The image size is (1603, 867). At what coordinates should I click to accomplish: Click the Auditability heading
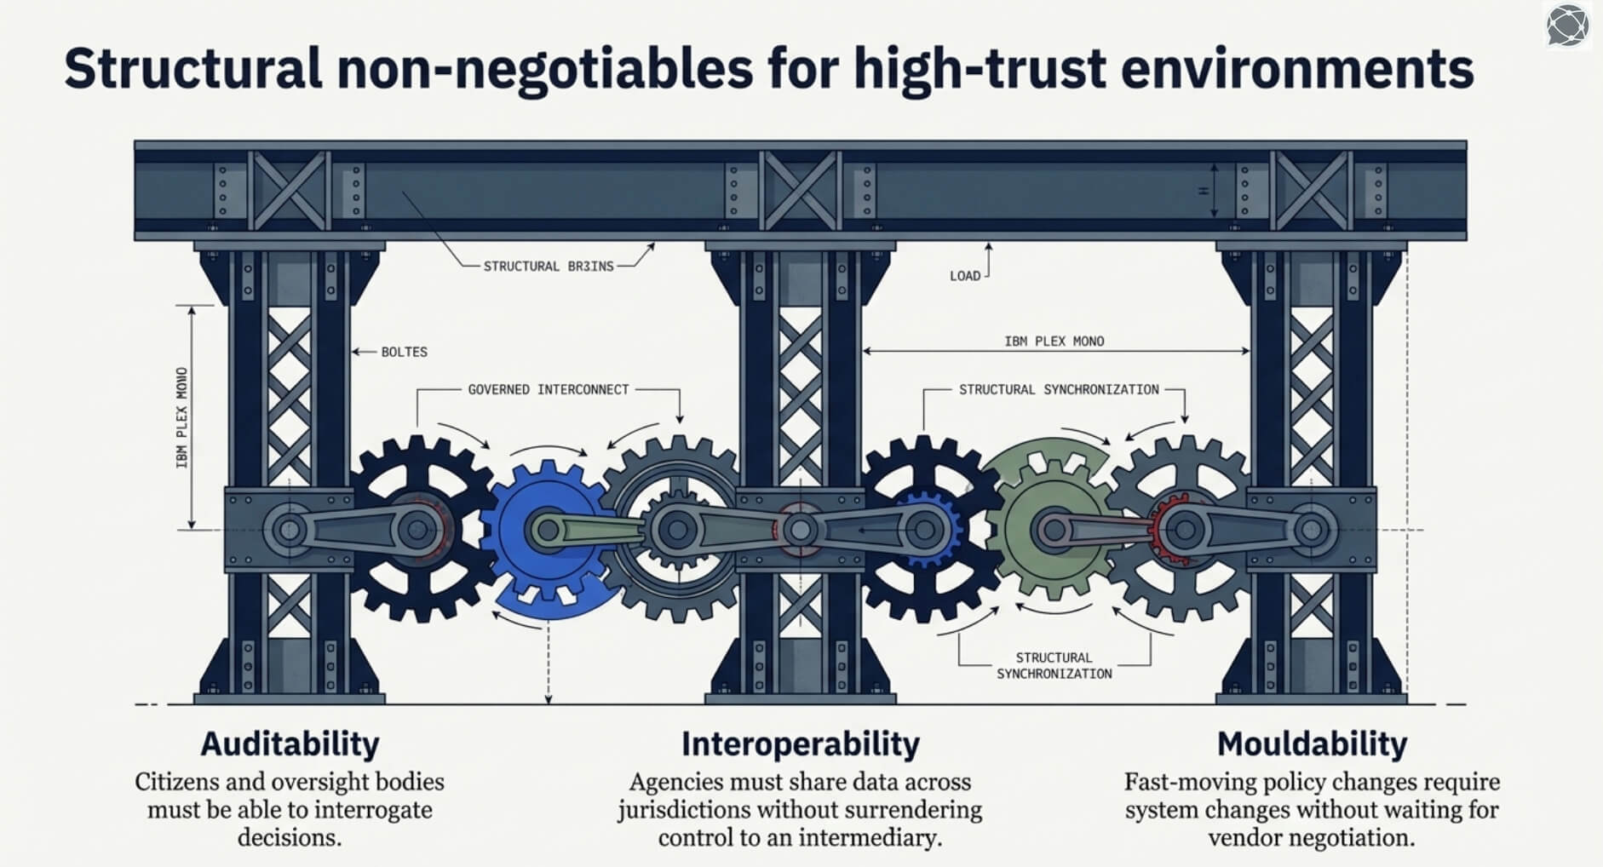pyautogui.click(x=290, y=744)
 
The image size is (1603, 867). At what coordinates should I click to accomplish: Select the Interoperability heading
pyautogui.click(x=800, y=744)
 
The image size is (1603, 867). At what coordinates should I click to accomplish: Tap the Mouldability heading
pyautogui.click(x=1312, y=744)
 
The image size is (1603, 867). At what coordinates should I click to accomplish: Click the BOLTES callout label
pyautogui.click(x=404, y=352)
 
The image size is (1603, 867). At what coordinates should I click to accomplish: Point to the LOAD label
pyautogui.click(x=965, y=276)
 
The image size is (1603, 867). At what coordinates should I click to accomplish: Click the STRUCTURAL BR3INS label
pyautogui.click(x=549, y=267)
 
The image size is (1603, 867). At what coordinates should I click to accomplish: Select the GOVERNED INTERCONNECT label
pyautogui.click(x=549, y=389)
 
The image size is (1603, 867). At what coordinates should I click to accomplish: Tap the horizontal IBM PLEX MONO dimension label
pyautogui.click(x=1054, y=342)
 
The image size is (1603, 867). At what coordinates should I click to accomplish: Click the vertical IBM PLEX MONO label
pyautogui.click(x=181, y=417)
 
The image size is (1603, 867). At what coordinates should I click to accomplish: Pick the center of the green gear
pyautogui.click(x=1054, y=530)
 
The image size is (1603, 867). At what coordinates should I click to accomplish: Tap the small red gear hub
pyautogui.click(x=1182, y=530)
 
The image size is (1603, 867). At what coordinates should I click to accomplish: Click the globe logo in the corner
pyautogui.click(x=1567, y=26)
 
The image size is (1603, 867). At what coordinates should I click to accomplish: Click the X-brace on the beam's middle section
pyautogui.click(x=800, y=191)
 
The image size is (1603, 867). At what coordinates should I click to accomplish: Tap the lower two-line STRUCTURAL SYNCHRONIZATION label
pyautogui.click(x=1054, y=665)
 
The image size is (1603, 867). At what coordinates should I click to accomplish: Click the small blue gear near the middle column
pyautogui.click(x=925, y=530)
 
